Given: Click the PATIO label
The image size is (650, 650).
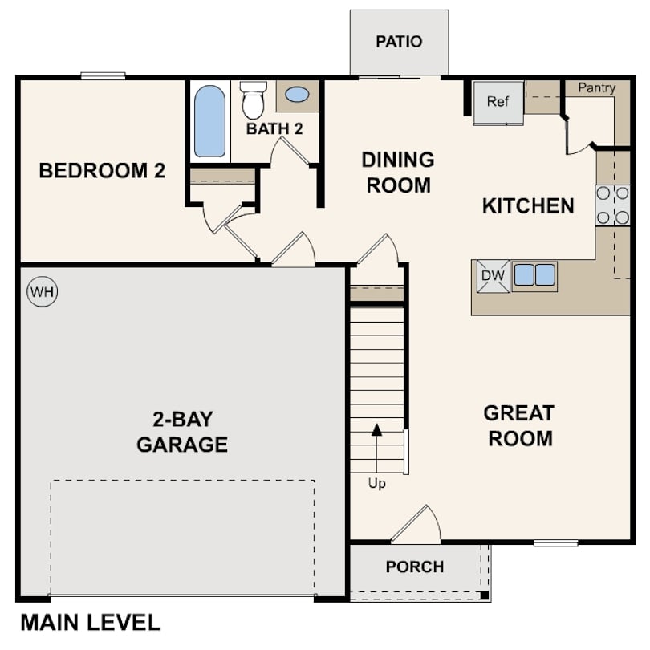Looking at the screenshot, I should pos(399,42).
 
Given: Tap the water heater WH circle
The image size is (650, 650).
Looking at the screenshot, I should pos(43,292).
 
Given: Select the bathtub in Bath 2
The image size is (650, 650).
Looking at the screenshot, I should pos(209,121).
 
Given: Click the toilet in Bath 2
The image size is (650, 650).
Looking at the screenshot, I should pos(254,100).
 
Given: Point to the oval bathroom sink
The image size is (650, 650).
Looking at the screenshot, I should pos(297,95).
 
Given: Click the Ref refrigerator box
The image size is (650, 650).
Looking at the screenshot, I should pos(498,103).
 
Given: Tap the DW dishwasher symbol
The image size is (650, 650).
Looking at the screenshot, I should pos(493,276).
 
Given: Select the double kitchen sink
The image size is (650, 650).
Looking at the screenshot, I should pos(534,275).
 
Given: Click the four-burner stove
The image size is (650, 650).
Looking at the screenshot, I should pos(612,205).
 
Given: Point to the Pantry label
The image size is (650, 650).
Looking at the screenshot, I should pos(596,88).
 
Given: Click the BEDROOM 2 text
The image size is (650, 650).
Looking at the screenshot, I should pos(102,171).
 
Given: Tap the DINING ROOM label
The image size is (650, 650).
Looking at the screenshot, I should pos(398,172).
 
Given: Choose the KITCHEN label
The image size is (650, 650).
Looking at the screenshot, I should pos(528,206).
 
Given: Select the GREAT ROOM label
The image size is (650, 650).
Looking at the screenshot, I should pos(519,426).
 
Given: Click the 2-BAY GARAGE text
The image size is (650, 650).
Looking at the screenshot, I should pos(182,432).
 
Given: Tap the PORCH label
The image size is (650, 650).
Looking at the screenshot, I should pos(414,567).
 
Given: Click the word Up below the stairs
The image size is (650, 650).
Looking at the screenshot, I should pos(376,484).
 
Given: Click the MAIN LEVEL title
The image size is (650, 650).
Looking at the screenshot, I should pos(90,622).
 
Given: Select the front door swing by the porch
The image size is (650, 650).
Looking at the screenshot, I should pos(419,525).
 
